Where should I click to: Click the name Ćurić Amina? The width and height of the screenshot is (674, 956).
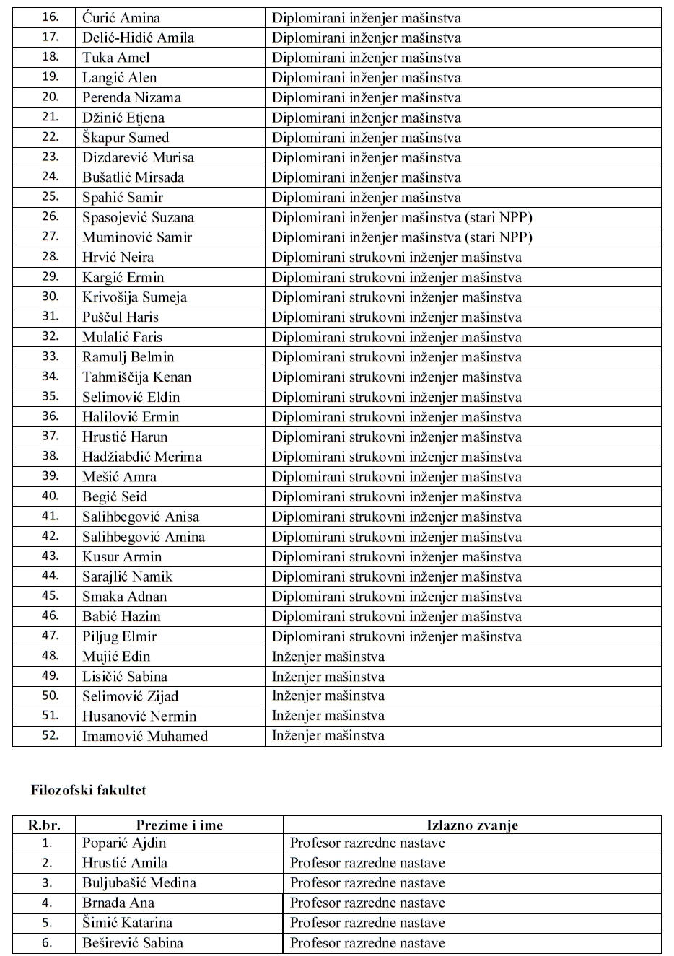coord(121,18)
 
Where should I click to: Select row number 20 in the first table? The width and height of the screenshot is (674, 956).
coord(50,97)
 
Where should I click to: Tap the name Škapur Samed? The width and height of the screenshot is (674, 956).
coord(126,138)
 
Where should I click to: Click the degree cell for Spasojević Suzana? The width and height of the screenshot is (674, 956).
coord(402,217)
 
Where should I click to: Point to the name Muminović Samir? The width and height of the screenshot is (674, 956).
coord(137,237)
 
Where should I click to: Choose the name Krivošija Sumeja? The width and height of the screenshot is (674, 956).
coord(134,297)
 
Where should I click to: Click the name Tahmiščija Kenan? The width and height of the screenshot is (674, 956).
coord(137,377)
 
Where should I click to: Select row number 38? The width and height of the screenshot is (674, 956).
coord(50,457)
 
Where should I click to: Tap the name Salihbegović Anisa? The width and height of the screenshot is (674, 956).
coord(141,517)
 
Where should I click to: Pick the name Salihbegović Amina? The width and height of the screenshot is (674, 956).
coord(144,537)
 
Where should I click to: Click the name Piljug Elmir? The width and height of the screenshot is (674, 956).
coord(119,636)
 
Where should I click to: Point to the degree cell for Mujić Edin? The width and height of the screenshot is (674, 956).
coord(328,657)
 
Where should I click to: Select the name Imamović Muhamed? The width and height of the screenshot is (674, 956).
coord(145,736)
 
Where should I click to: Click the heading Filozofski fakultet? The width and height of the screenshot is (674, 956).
coord(89,790)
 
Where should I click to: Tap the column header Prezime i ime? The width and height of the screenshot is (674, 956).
coord(180,825)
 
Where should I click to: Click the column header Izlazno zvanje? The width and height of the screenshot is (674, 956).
coord(472,825)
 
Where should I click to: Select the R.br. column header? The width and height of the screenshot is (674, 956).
coord(44,825)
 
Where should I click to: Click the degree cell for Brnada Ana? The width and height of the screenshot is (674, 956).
coord(367,903)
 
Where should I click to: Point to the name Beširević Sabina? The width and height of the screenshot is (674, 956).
coord(133,942)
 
